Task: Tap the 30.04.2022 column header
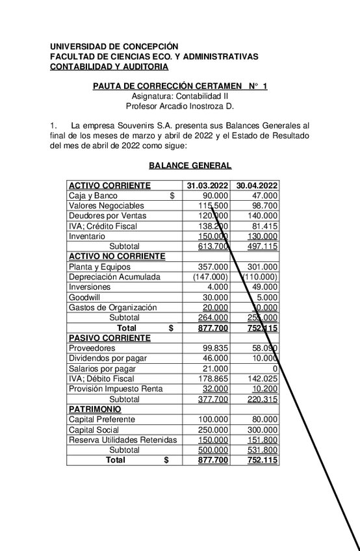point(257,185)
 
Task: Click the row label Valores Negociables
point(107,205)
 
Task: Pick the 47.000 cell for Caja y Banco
point(265,195)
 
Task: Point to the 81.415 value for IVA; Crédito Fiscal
point(264,226)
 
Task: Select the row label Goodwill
point(85,297)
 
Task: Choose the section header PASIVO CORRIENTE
point(110,338)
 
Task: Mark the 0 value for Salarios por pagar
point(276,368)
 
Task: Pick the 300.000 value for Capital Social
point(263,429)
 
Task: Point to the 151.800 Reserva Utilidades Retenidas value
point(263,440)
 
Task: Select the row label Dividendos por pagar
point(108,358)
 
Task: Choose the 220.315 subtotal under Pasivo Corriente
point(263,399)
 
